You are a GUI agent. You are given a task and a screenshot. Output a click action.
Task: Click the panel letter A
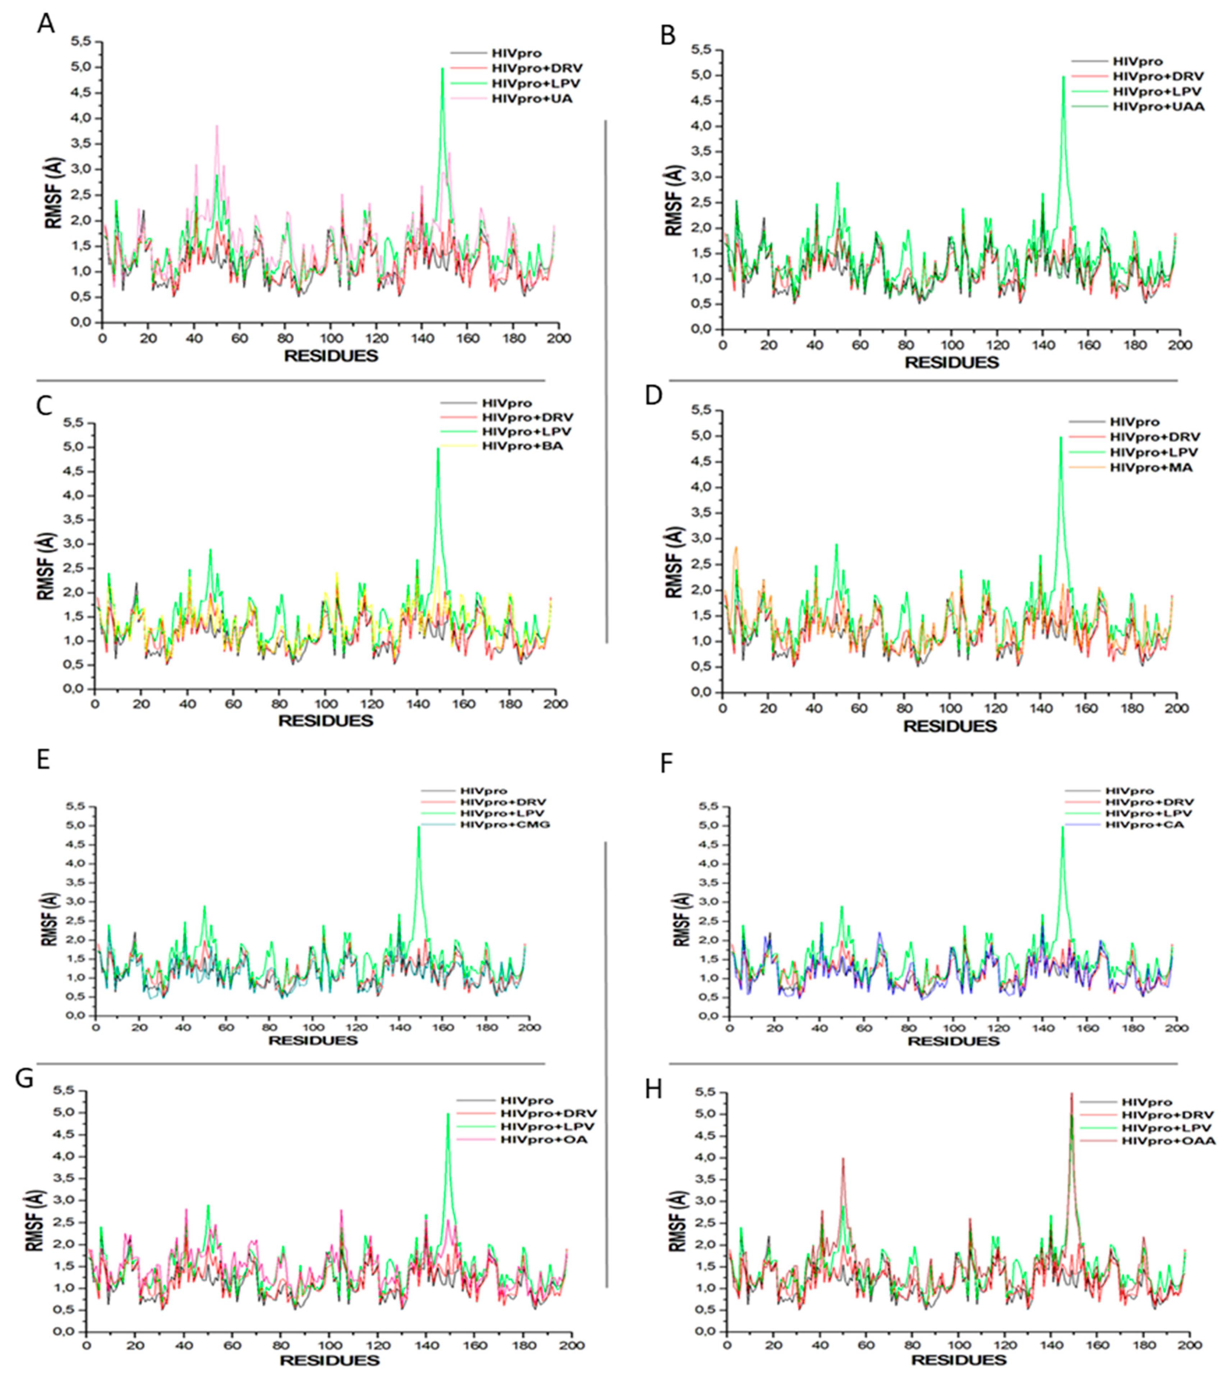tap(46, 24)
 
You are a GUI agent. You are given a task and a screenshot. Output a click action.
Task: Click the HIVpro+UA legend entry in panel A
tap(532, 99)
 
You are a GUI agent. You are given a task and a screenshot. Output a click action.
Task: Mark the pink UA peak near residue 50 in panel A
tap(217, 126)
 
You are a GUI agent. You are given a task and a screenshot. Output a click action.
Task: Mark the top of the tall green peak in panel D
tap(1061, 438)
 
